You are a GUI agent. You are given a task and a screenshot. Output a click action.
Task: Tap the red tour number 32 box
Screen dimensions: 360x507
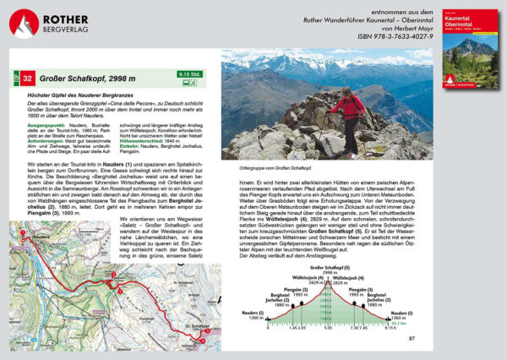(29, 79)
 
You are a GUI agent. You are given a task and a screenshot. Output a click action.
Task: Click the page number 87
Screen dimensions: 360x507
(412, 339)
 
